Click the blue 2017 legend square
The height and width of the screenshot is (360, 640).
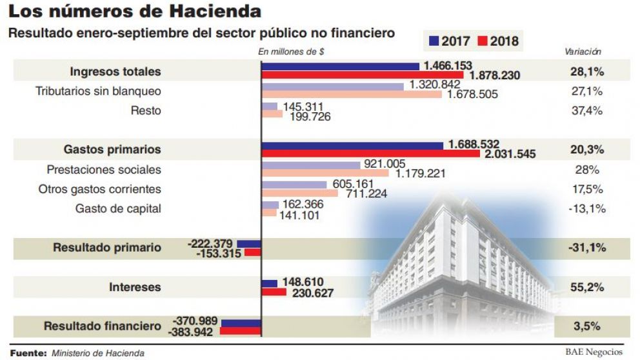(434, 41)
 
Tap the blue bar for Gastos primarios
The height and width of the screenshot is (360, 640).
(352, 145)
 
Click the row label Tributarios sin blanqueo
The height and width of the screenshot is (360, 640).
(98, 91)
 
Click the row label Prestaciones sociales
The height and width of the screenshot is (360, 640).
(104, 170)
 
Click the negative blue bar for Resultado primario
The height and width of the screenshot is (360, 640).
(248, 243)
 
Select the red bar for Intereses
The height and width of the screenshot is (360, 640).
(274, 292)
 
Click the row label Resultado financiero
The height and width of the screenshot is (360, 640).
(102, 326)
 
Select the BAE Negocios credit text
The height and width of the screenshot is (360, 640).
(594, 352)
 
